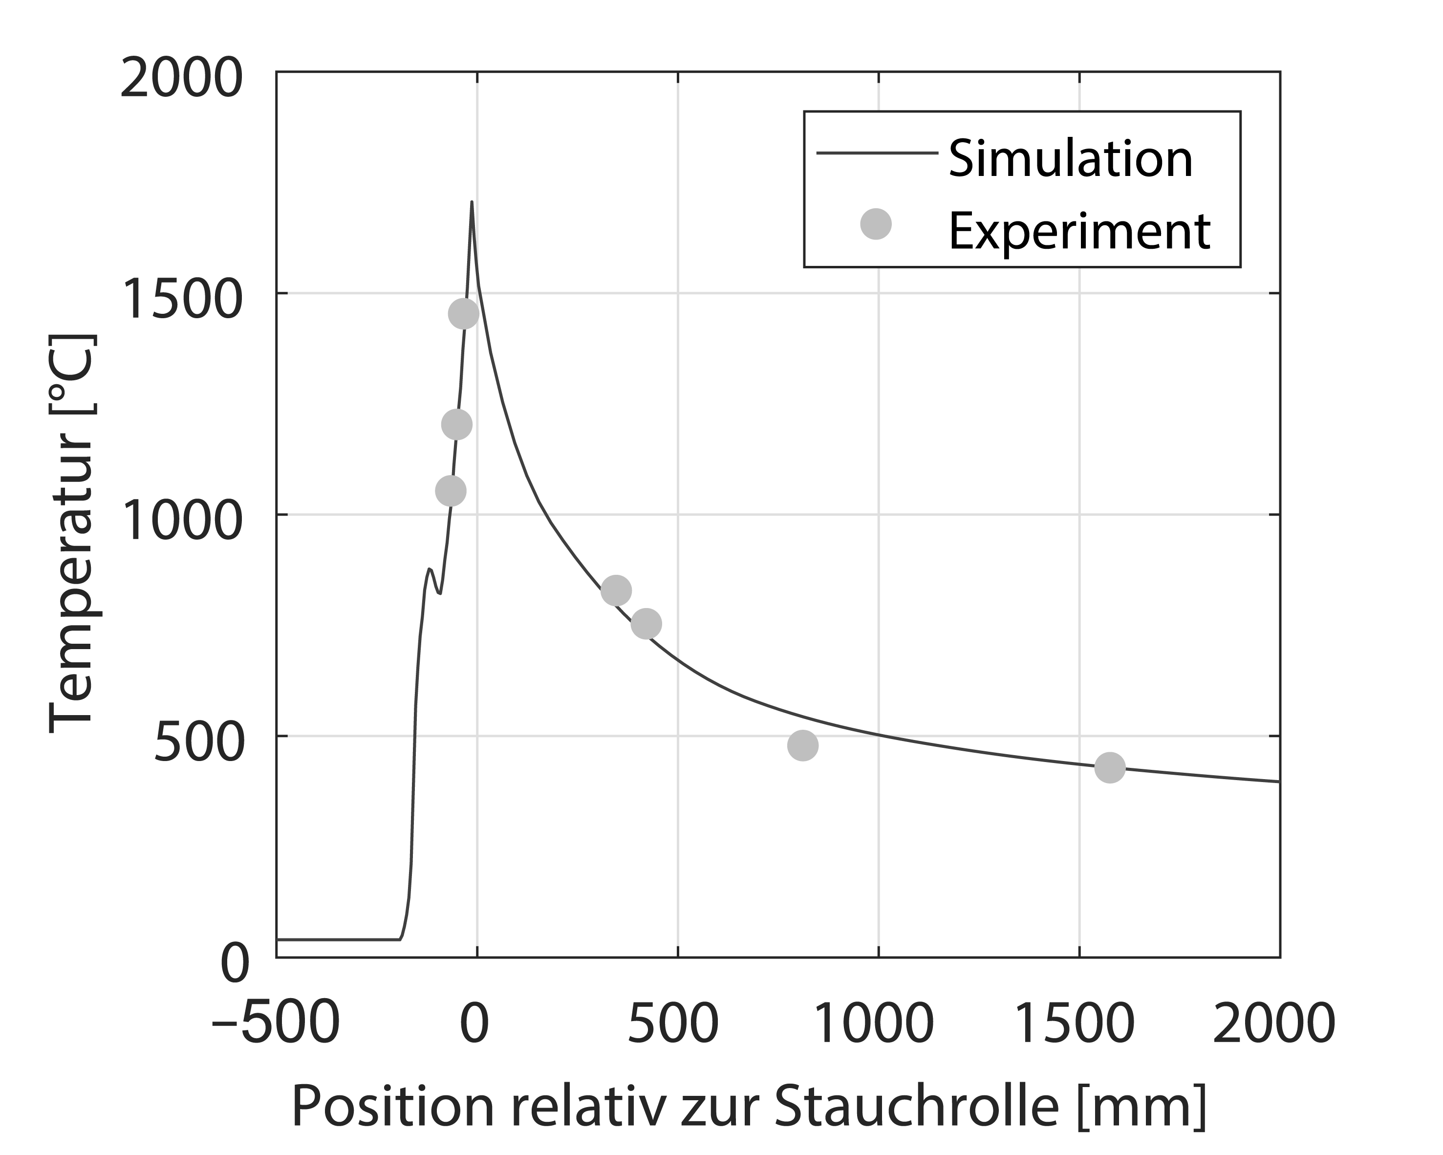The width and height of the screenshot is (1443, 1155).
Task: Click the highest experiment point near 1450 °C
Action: [463, 313]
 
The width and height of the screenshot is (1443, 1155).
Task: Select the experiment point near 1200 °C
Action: [456, 424]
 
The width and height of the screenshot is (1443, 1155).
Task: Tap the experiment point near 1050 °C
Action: [451, 491]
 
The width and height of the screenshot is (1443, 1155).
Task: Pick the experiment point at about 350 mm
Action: [616, 590]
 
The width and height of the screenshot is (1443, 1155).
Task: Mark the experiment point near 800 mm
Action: [802, 745]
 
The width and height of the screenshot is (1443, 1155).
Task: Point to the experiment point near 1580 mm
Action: [1110, 767]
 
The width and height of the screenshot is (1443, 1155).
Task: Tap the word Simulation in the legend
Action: [1070, 159]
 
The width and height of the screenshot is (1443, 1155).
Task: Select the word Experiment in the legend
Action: [1079, 232]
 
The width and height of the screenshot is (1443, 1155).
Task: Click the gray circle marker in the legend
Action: [876, 224]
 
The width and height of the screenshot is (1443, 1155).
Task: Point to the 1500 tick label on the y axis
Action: [181, 301]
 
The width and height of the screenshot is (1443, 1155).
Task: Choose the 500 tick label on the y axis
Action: [197, 744]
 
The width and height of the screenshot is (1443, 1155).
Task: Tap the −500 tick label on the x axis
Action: [276, 1024]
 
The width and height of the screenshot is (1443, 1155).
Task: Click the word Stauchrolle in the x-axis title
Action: [916, 1107]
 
